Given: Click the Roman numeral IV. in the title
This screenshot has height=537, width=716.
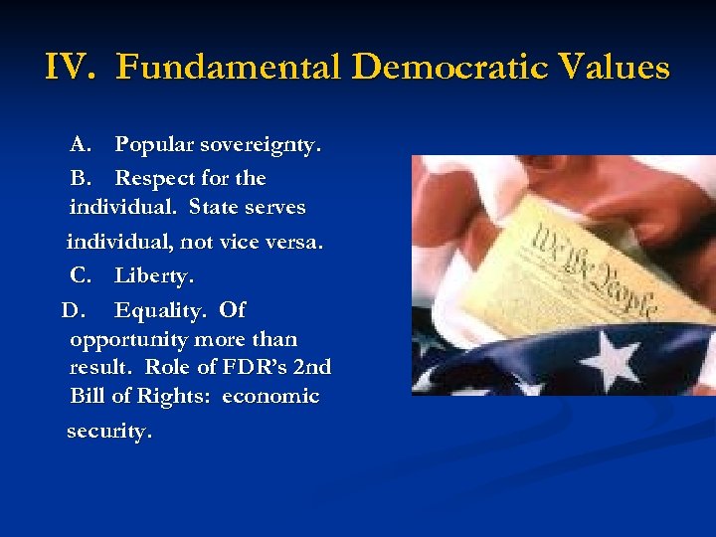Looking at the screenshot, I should pos(72,68).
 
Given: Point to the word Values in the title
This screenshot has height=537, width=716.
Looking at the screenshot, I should pos(615,68).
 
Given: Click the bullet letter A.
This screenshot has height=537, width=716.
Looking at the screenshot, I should pos(81,145).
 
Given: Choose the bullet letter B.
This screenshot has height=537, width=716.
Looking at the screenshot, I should pos(81,178).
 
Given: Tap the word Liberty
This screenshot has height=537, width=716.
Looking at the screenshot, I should pos(154,274).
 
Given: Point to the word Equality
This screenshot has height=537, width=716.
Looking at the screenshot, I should pos(162,310).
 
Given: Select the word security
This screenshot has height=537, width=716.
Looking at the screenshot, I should pos(109,432).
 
